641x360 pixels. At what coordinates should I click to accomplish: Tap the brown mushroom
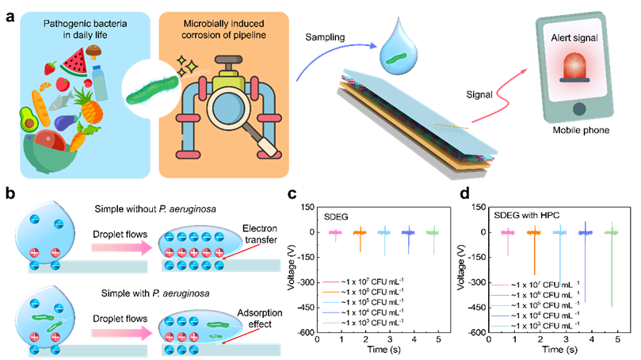95,52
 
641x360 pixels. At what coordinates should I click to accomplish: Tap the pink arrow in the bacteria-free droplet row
121,248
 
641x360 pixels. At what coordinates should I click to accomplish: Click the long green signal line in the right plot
612,270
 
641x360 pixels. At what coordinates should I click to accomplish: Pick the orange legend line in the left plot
331,292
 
